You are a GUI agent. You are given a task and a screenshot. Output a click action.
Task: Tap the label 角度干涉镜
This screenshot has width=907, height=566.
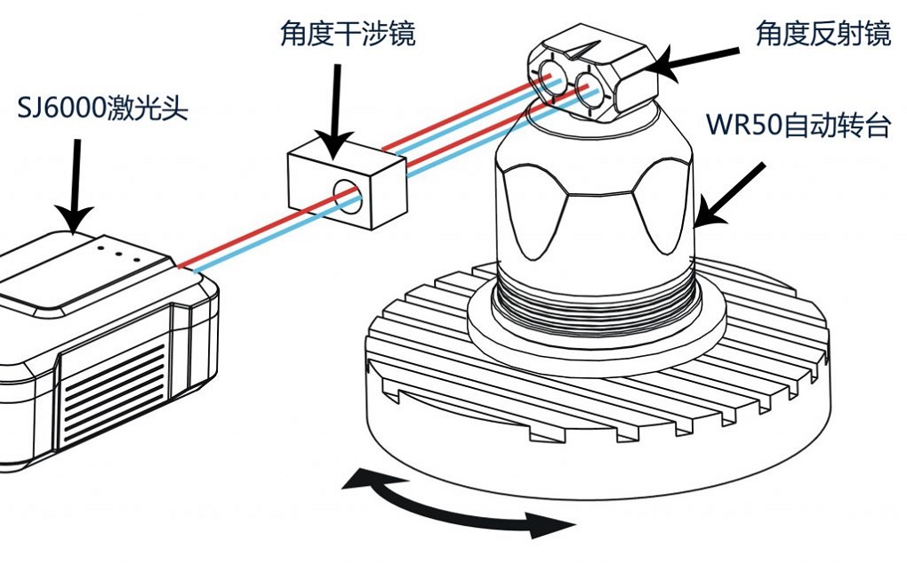[347, 35]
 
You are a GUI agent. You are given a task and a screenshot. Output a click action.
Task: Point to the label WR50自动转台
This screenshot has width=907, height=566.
[798, 124]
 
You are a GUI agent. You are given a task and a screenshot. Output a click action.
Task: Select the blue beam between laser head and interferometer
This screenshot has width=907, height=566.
[267, 245]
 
